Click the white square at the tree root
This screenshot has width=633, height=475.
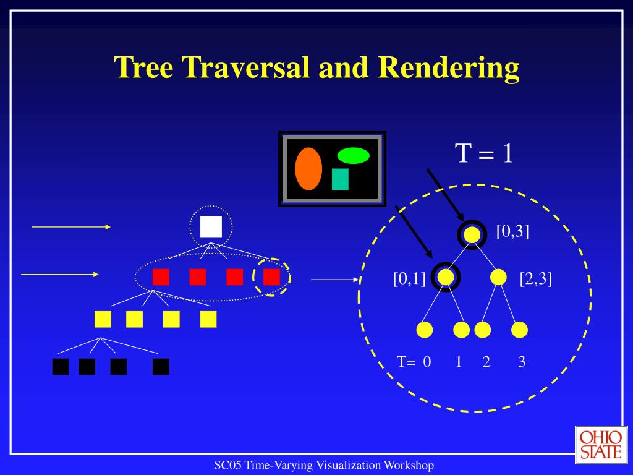pos(211,227)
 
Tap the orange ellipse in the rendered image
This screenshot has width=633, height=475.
pos(308,169)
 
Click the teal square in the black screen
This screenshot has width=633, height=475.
pos(340,179)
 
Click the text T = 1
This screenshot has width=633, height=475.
pos(484,153)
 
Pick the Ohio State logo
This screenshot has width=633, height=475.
pos(600,445)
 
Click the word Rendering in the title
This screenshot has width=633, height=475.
pos(449,67)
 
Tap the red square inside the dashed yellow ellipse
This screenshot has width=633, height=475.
pos(271,276)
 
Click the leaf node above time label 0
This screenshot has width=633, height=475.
pos(425,330)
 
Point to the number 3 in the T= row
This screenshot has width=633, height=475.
pos(522,362)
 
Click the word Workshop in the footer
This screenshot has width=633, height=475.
pos(409,465)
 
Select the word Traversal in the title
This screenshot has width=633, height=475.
pos(245,67)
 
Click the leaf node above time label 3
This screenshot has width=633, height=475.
pos(520,330)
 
